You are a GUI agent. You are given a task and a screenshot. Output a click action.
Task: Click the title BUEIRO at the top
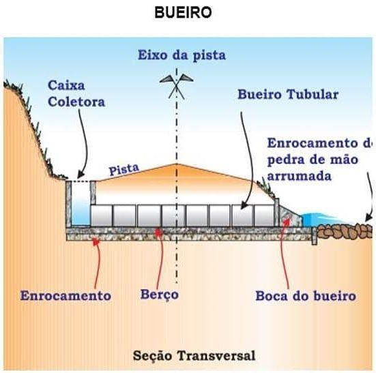coord(183,12)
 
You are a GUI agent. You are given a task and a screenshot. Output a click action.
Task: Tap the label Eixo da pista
coord(182,55)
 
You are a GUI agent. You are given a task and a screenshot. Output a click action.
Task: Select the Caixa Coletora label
coord(76,93)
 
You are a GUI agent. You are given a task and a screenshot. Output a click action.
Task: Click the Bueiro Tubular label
coord(288,94)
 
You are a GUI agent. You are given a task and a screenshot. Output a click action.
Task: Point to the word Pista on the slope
coord(124,169)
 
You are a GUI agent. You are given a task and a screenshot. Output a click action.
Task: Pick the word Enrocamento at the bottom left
coord(66,295)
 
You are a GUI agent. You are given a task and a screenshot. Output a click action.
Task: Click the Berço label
coord(159,295)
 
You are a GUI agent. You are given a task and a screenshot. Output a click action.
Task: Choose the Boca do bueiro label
coord(306,296)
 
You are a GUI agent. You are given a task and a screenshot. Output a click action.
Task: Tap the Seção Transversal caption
coord(194,355)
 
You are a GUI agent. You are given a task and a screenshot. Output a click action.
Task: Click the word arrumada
coord(300,176)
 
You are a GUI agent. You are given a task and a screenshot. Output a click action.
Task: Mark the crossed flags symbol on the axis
coord(177,86)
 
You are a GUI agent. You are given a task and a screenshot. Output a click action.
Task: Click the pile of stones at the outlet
coord(345,231)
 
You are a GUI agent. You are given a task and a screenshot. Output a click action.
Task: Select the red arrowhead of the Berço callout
coord(158,232)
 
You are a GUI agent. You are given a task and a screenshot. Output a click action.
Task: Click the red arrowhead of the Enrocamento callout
coord(96,241)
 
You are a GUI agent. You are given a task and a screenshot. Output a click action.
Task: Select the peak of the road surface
coord(177,164)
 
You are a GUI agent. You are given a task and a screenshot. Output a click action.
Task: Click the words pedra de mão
coord(313,160)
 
